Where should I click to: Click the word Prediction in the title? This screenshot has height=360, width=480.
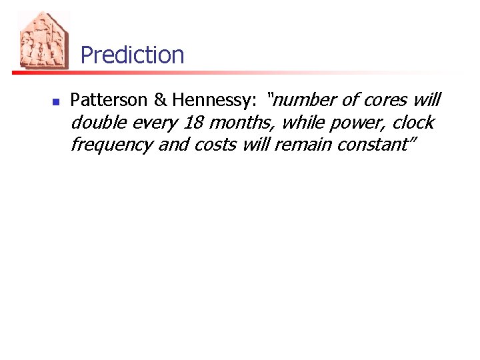pyautogui.click(x=132, y=55)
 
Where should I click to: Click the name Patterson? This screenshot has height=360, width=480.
pyautogui.click(x=109, y=101)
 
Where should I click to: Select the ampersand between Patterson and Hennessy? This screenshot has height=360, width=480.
pyautogui.click(x=160, y=101)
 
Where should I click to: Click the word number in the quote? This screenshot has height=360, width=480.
pyautogui.click(x=303, y=101)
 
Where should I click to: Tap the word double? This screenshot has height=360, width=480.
pyautogui.click(x=97, y=123)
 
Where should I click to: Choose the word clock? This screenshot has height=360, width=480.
pyautogui.click(x=412, y=123)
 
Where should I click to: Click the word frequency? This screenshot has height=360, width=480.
pyautogui.click(x=111, y=145)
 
